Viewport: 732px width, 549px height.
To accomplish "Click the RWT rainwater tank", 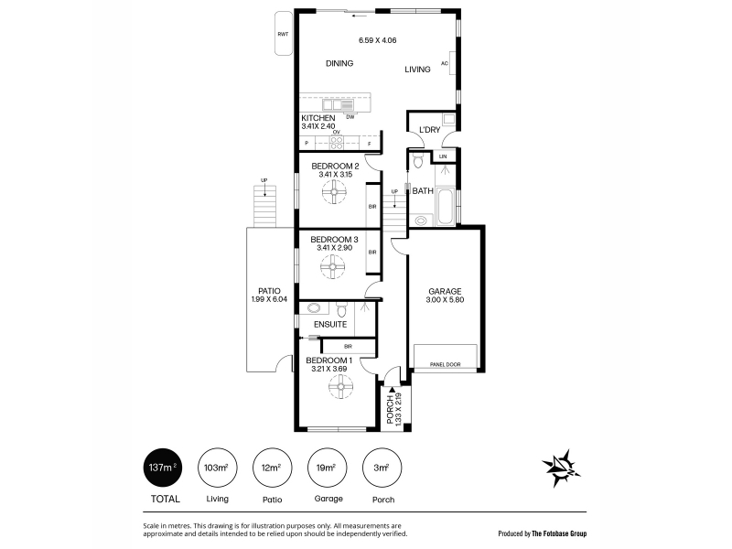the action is [x=284, y=34].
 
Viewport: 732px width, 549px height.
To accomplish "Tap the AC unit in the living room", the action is [x=452, y=63].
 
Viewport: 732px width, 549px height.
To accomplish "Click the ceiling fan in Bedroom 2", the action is [x=335, y=192].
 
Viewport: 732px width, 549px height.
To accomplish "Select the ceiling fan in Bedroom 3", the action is [x=332, y=266].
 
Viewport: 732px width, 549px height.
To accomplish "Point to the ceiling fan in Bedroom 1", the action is [x=340, y=386].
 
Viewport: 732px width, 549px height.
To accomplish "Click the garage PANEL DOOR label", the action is [x=445, y=364].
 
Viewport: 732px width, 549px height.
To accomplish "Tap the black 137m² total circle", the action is [x=163, y=468].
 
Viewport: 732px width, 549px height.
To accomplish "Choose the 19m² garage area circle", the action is [x=328, y=468].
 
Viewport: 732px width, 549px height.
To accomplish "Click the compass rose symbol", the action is [x=562, y=468].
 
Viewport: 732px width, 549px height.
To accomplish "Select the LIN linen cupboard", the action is [x=443, y=156].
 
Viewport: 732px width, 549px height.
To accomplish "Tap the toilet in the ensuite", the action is [x=341, y=309].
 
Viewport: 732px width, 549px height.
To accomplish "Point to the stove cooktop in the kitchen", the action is [x=337, y=142].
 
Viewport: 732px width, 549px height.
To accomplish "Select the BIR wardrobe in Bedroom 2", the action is [x=372, y=207].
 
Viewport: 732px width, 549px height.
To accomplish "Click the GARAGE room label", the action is [x=445, y=291].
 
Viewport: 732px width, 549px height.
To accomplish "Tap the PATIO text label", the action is [x=269, y=291].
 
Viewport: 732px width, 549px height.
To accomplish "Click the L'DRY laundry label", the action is [x=429, y=130].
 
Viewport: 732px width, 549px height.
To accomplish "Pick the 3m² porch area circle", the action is [x=382, y=468].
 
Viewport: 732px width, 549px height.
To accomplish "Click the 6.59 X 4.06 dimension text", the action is [x=378, y=40].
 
